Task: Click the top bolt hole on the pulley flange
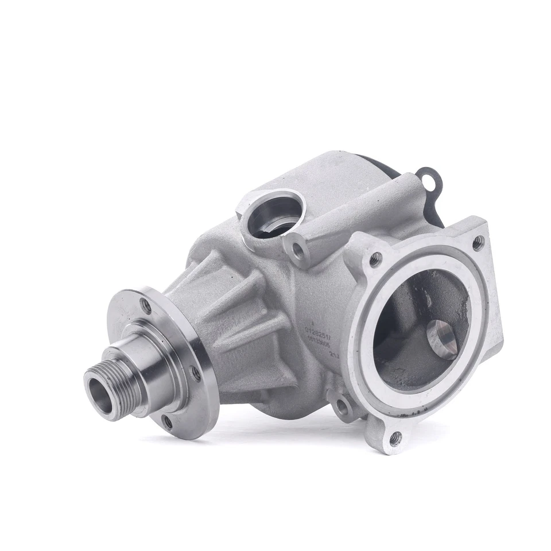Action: coord(146,306)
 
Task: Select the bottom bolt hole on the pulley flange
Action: coord(167,423)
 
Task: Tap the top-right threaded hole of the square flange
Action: coord(477,243)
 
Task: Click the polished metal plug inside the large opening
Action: coord(443,338)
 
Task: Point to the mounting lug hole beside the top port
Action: coord(296,249)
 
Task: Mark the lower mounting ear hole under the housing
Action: coord(342,408)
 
